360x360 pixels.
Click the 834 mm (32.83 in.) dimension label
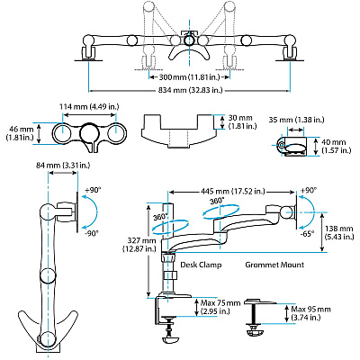pos(189,90)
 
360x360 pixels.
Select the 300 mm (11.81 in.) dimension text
pos(189,77)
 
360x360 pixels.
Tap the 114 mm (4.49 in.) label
pos(89,106)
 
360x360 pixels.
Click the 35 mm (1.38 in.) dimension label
pos(296,120)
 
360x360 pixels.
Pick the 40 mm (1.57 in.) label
pos(336,147)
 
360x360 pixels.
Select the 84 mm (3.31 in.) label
pos(63,165)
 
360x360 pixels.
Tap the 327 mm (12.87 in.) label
pos(139,245)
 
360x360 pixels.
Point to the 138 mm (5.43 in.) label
pos(339,232)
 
